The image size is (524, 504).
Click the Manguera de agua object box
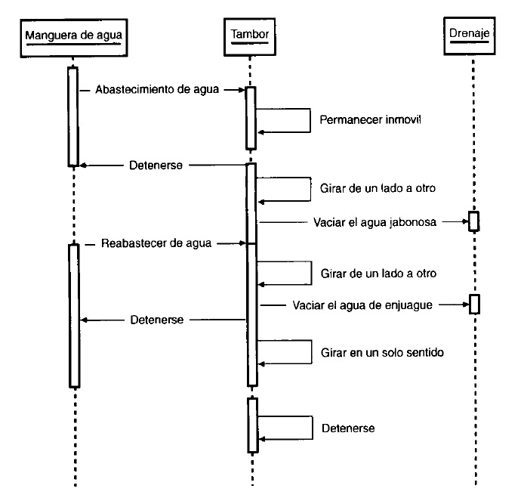coord(73,36)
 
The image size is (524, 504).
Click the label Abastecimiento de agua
coord(157,90)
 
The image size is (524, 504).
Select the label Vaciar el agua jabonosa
coord(375,222)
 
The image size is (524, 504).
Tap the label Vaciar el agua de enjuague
coord(362,305)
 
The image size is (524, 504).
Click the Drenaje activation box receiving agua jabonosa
coord(473,221)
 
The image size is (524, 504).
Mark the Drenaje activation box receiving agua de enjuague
coord(473,305)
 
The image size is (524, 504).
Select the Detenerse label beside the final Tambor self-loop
coord(349,428)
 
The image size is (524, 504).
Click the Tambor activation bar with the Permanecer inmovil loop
coord(251,117)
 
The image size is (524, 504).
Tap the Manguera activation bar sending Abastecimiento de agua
coord(73,116)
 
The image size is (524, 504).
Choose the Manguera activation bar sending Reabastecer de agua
coord(73,315)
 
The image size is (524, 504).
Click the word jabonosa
coord(415,222)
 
